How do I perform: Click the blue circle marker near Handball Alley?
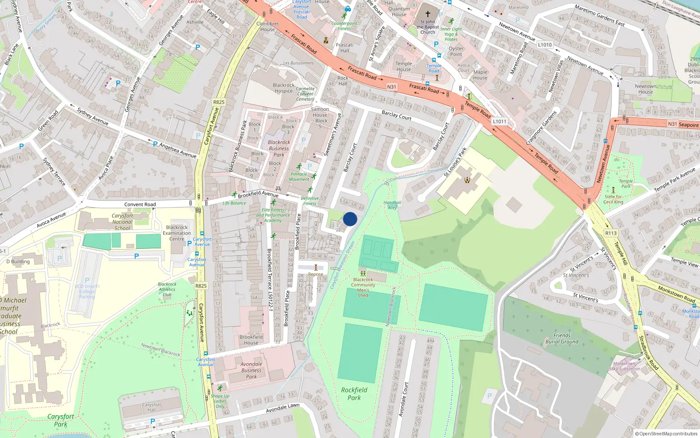click(x=350, y=219)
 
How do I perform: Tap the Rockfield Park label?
click(x=354, y=394)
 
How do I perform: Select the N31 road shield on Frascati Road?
click(x=392, y=87)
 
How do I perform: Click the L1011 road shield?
click(x=499, y=121)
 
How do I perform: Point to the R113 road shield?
click(x=611, y=233)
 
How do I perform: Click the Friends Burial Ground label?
click(x=562, y=339)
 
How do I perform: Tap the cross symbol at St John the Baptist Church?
click(x=428, y=14)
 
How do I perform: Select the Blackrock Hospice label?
click(x=283, y=88)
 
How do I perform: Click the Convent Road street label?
click(x=140, y=205)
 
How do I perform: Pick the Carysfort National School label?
click(x=122, y=222)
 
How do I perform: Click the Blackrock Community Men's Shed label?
click(x=363, y=287)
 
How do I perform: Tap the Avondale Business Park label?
click(x=251, y=370)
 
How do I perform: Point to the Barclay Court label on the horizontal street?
click(x=396, y=115)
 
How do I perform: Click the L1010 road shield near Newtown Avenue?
click(x=545, y=45)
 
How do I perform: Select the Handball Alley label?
click(x=392, y=205)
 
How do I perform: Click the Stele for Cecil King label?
click(x=613, y=199)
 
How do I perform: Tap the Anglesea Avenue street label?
click(x=178, y=150)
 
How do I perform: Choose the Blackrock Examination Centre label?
click(x=177, y=233)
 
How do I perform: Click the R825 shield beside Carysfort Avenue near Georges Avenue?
click(x=219, y=102)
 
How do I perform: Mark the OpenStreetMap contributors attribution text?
click(x=666, y=434)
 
